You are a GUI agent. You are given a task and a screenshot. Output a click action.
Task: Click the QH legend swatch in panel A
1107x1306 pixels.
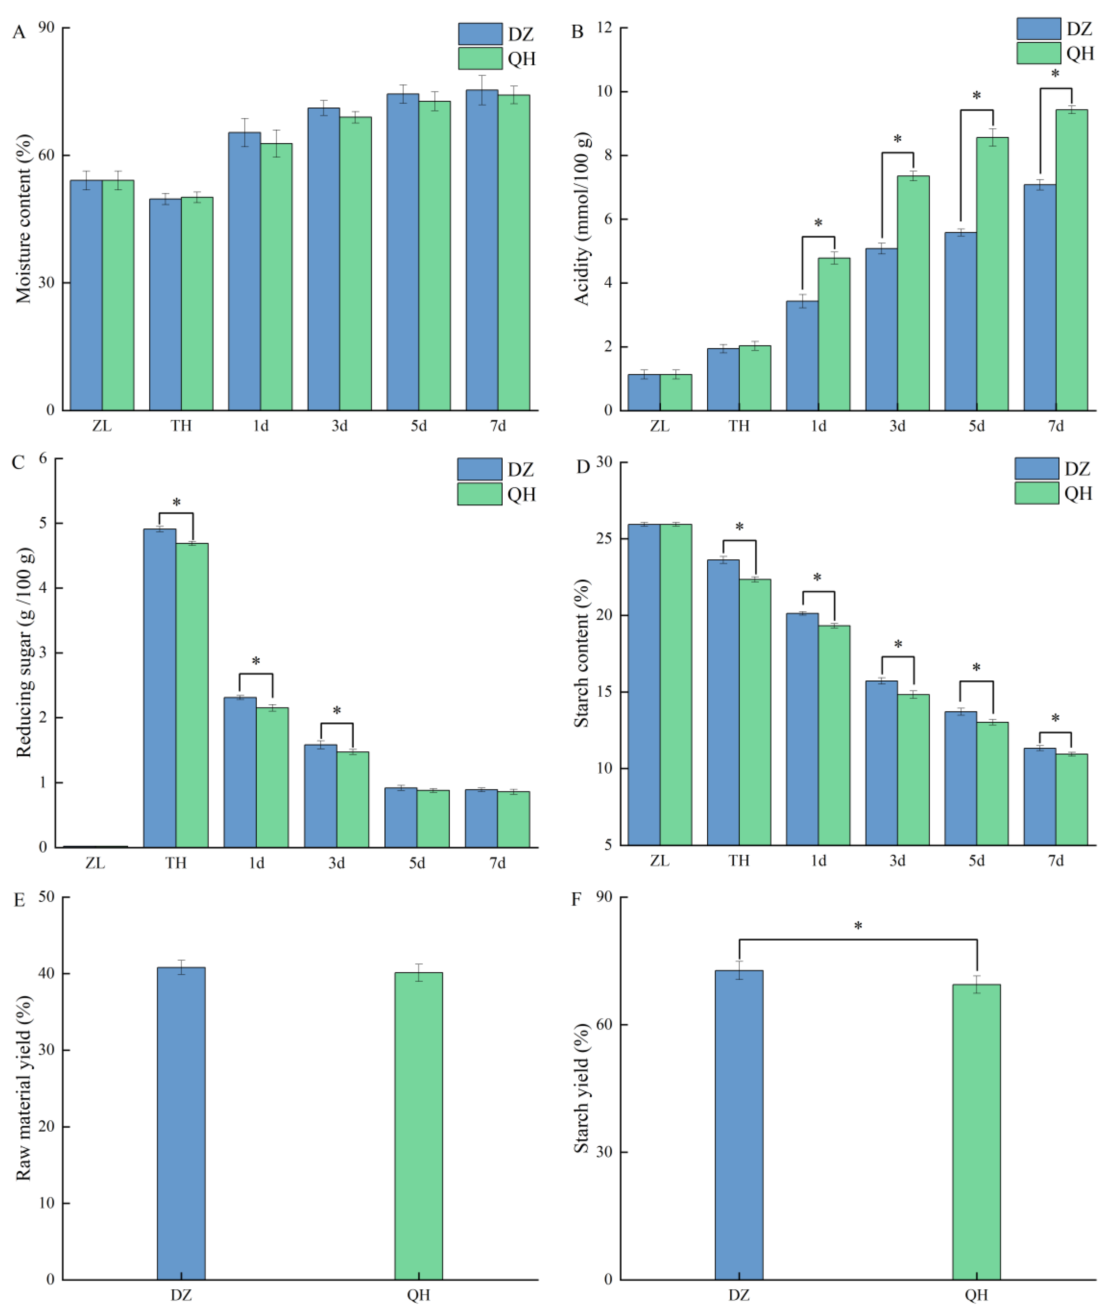[x=480, y=58]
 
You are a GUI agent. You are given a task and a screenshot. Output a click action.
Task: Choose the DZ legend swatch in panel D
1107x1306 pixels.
[x=1037, y=469]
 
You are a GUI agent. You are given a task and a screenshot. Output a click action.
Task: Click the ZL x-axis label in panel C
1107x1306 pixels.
[x=95, y=863]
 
